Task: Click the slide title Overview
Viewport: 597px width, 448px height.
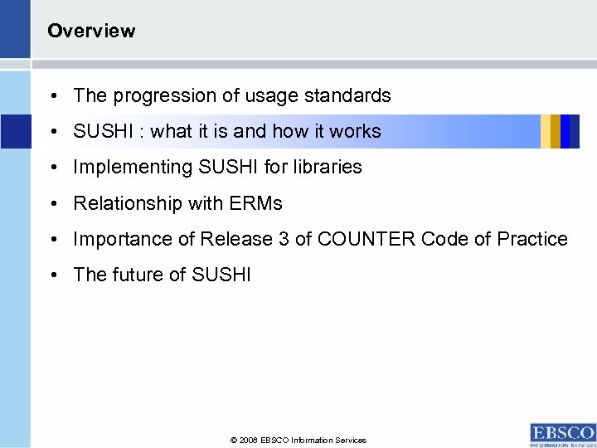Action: pos(91,32)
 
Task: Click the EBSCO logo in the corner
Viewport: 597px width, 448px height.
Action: pos(562,434)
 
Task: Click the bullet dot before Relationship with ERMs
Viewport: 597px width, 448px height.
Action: pos(52,203)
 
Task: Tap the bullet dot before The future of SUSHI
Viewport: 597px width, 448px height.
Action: pos(52,275)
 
